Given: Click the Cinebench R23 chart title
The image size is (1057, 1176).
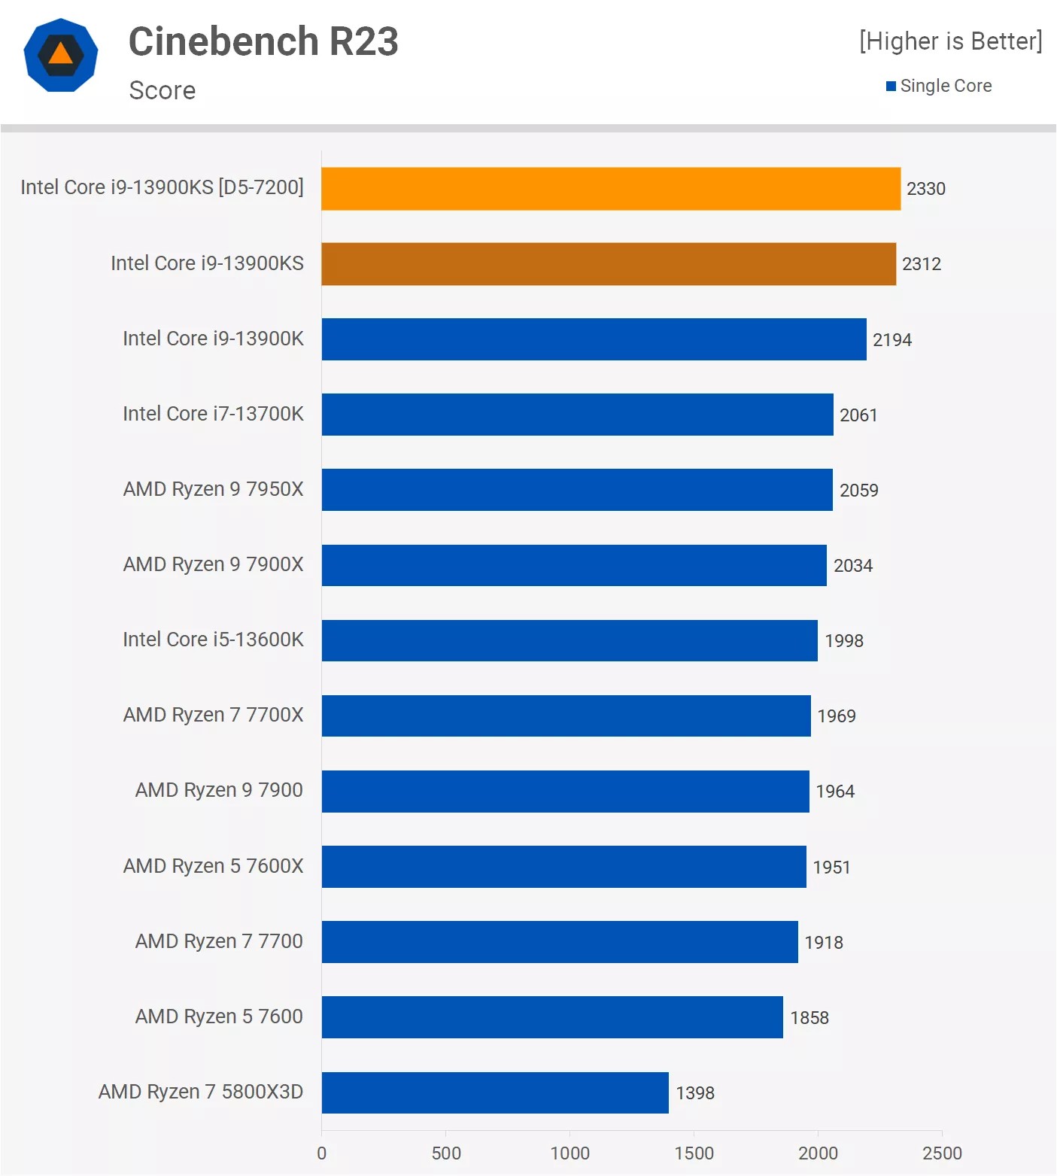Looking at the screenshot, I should (x=263, y=41).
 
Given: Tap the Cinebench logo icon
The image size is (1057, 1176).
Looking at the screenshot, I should (x=61, y=55).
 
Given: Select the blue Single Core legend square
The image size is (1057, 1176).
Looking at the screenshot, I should (x=891, y=87).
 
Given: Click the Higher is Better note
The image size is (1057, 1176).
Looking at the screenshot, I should (x=951, y=41).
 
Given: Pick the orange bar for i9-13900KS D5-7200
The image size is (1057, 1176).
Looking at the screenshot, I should (x=611, y=189).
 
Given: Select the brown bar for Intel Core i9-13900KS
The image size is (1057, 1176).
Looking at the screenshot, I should (x=609, y=264).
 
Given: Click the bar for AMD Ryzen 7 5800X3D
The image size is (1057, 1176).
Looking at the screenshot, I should (x=495, y=1092).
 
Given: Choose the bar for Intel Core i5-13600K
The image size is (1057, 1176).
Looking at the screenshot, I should (x=570, y=640).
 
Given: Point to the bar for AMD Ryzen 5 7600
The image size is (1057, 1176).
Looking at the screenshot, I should (x=552, y=1017).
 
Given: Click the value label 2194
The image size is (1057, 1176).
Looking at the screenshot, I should (x=892, y=340).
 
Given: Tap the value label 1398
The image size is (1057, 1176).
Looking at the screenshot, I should (x=695, y=1093).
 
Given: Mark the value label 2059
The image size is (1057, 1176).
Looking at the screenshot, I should (x=859, y=491).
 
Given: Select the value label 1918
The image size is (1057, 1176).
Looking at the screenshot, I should (x=824, y=943).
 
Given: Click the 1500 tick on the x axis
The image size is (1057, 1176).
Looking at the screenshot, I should (x=694, y=1153).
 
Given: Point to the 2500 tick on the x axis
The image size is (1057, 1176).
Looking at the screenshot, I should (x=942, y=1153).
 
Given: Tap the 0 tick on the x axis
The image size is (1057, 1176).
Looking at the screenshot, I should (x=322, y=1153).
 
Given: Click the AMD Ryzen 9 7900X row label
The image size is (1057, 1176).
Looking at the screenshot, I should (x=213, y=564).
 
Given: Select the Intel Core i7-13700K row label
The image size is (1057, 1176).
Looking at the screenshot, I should (x=213, y=414).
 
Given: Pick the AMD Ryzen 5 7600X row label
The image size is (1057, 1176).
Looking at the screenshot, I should (x=213, y=866).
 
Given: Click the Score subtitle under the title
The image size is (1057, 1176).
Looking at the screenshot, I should (x=162, y=91).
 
